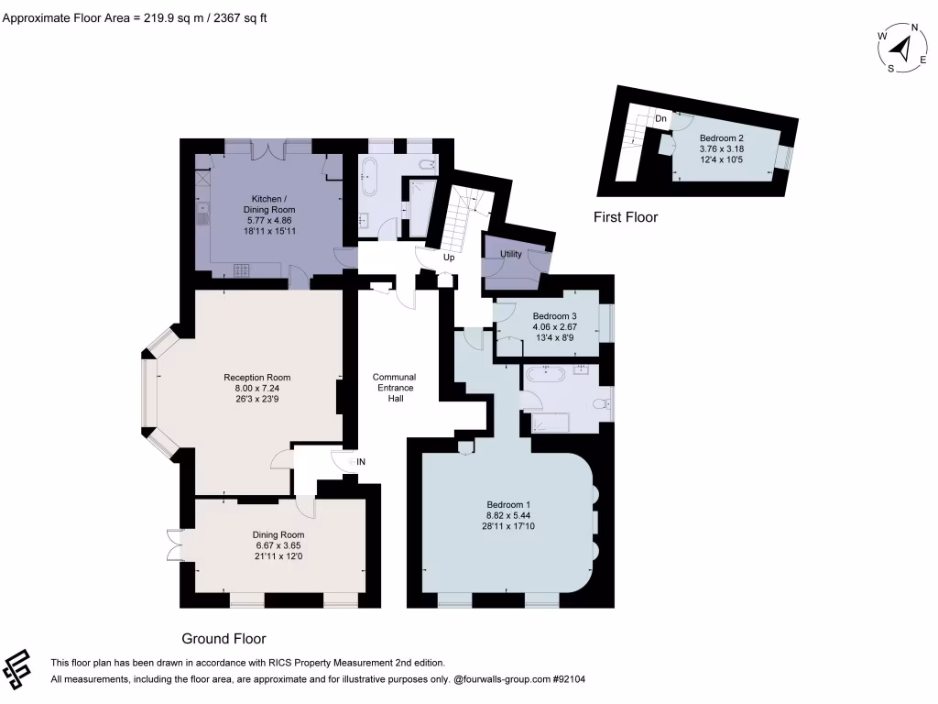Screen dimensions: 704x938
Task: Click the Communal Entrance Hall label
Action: tap(394, 388)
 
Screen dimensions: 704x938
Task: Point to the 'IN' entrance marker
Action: tap(361, 461)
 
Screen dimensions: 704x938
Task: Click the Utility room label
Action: tap(511, 254)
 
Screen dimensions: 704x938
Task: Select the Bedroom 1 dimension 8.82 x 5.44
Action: tap(508, 516)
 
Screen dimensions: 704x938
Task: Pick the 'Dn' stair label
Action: tap(660, 119)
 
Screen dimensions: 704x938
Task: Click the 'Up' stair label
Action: tap(449, 258)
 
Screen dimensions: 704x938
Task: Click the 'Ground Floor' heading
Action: tap(224, 639)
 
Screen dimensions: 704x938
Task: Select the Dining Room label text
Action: tap(278, 534)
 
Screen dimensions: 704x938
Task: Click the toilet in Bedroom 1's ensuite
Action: tap(601, 403)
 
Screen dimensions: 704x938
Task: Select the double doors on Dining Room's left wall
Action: tap(175, 545)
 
